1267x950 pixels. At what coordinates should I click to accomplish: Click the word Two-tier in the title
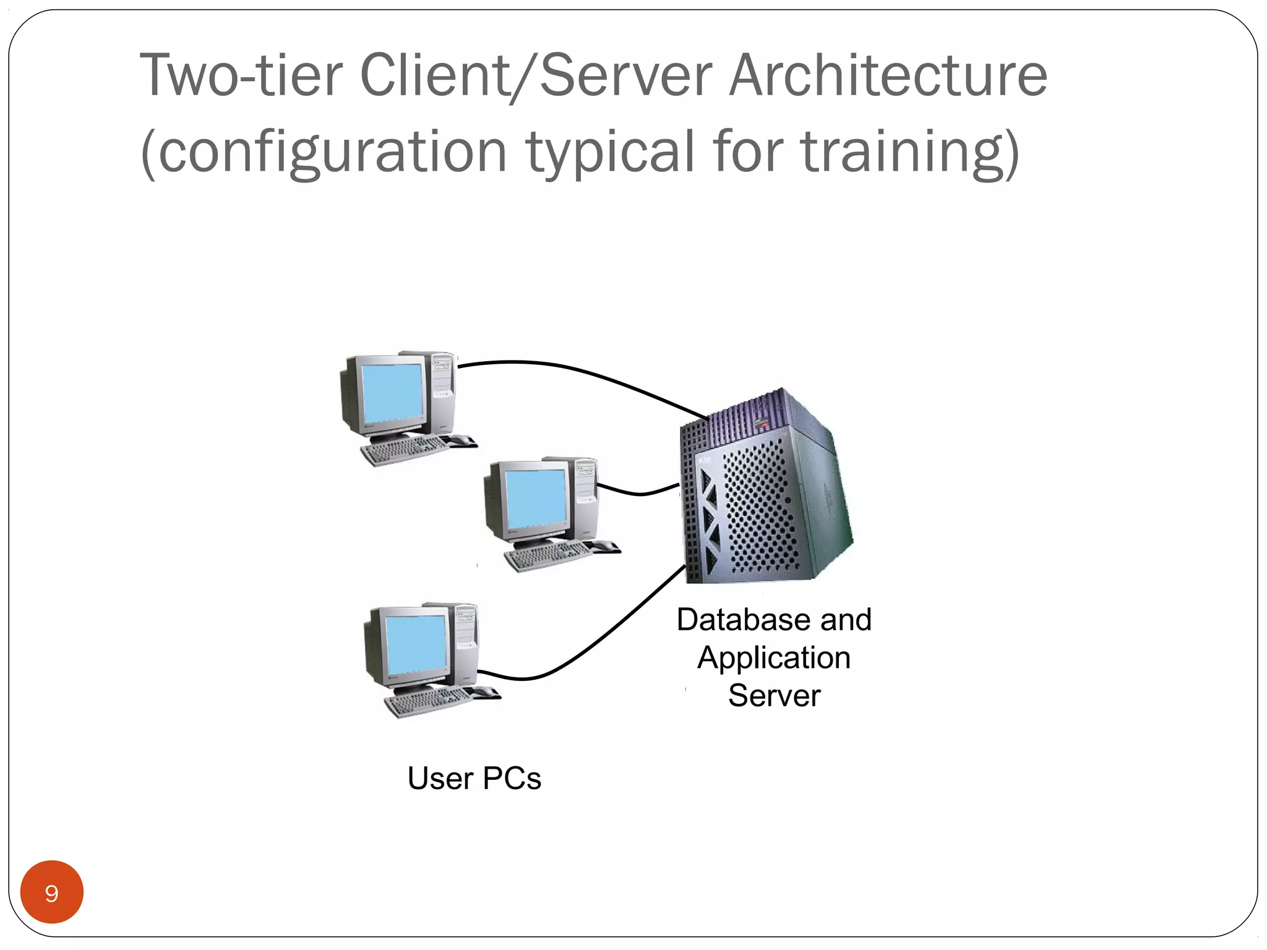pos(241,75)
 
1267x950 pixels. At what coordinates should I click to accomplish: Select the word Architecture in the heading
pos(888,75)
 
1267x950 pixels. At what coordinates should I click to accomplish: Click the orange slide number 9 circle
pos(52,892)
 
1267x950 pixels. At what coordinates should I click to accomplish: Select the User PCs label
pos(474,778)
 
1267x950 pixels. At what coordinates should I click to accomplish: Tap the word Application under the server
pos(774,657)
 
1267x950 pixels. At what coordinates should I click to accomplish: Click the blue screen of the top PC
pos(392,393)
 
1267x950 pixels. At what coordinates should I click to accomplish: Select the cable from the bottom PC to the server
pos(594,643)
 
